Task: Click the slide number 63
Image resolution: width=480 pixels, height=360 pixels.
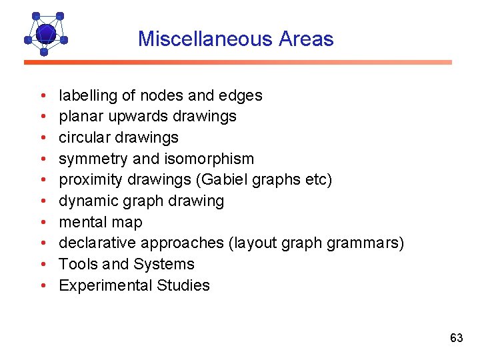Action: click(456, 338)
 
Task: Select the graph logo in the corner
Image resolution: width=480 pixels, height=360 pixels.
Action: click(45, 33)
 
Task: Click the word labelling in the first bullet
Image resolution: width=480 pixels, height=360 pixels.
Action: click(87, 96)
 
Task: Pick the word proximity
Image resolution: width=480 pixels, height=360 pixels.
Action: click(88, 180)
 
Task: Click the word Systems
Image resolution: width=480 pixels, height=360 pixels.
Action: click(164, 265)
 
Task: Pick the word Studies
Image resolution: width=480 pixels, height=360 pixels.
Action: click(183, 285)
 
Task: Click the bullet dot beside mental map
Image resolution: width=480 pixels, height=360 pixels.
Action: click(43, 223)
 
